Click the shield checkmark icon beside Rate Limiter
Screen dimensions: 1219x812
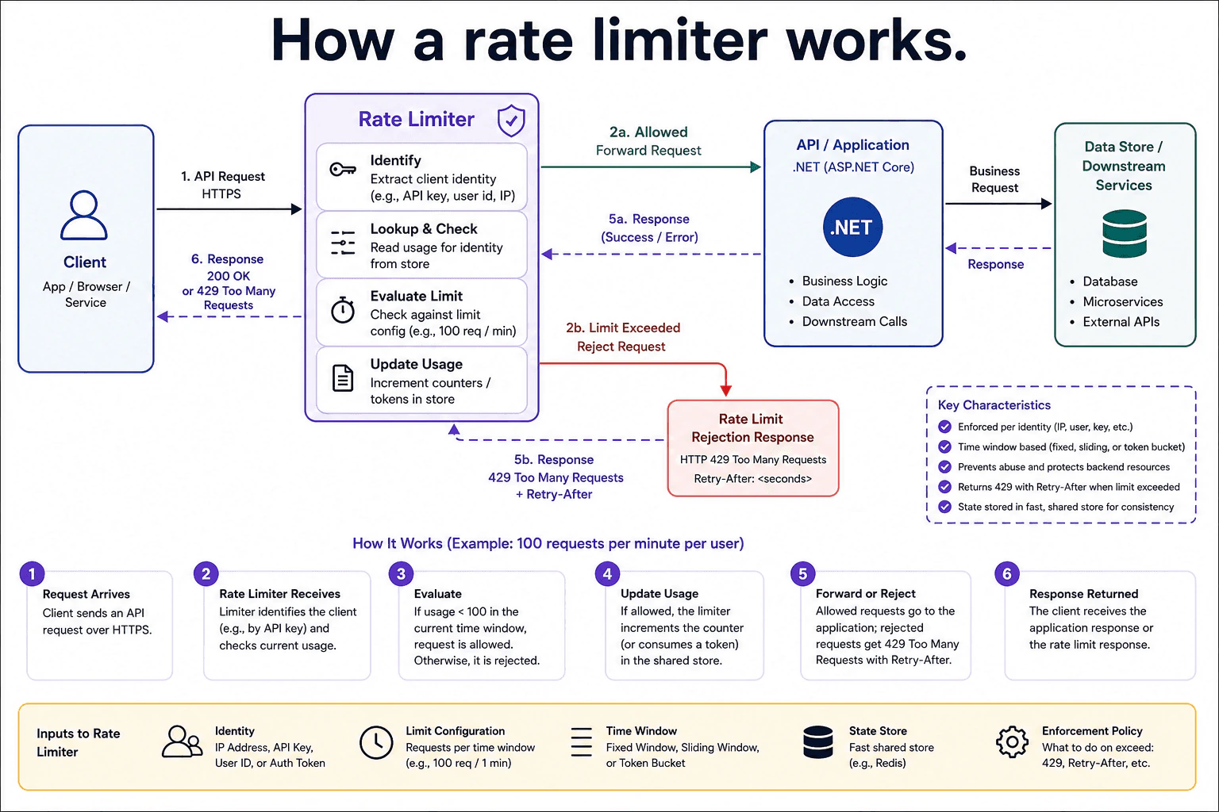(x=511, y=121)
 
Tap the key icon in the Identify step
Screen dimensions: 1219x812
(x=343, y=170)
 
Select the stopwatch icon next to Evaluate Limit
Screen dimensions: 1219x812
(x=343, y=310)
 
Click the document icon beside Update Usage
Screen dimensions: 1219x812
(x=343, y=378)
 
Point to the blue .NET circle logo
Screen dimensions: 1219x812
(x=853, y=227)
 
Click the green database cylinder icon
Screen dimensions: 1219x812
(x=1125, y=233)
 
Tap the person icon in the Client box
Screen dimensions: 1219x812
(x=84, y=215)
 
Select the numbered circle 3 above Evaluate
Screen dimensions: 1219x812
(x=401, y=574)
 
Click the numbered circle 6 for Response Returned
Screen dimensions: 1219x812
(x=1007, y=574)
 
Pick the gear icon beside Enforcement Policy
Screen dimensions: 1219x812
(x=1012, y=742)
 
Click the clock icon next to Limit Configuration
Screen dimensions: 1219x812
(x=376, y=742)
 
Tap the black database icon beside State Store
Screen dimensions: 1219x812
(x=818, y=742)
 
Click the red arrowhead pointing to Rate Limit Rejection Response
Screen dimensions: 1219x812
(x=726, y=390)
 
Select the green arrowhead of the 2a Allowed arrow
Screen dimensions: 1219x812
(x=756, y=167)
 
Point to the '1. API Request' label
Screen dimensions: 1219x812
(x=223, y=176)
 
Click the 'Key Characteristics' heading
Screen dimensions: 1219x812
(x=994, y=405)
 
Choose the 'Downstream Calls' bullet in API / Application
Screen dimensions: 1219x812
(x=855, y=321)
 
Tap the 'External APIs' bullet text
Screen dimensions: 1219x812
(x=1121, y=322)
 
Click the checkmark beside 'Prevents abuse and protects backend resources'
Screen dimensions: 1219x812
(x=944, y=466)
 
